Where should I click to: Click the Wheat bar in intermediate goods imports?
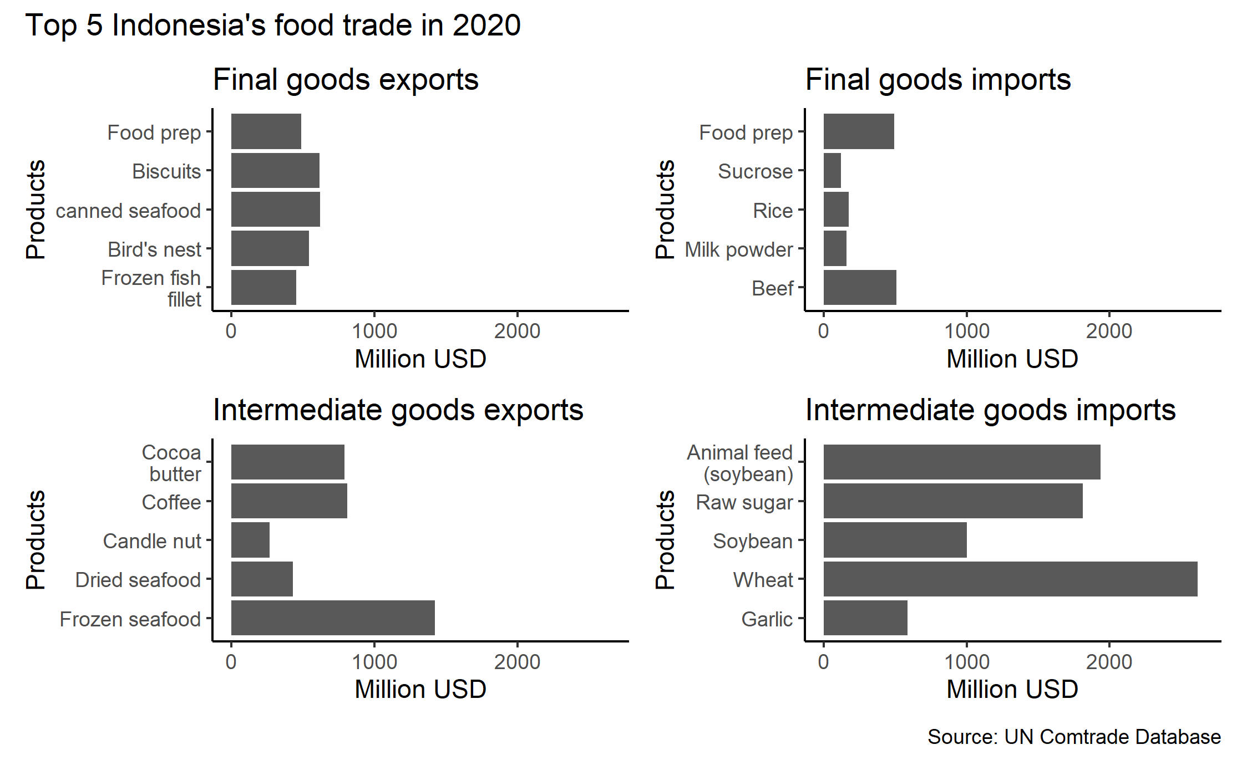pyautogui.click(x=1010, y=579)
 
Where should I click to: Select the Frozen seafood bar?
pyautogui.click(x=333, y=618)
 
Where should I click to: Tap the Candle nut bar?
pyautogui.click(x=250, y=540)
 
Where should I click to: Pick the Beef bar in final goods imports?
pyautogui.click(x=859, y=287)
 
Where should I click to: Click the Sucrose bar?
pyautogui.click(x=832, y=171)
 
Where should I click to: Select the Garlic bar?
pyautogui.click(x=865, y=618)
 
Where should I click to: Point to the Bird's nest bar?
pyautogui.click(x=270, y=248)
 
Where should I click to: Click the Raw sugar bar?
pyautogui.click(x=952, y=501)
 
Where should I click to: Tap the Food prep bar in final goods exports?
pyautogui.click(x=266, y=131)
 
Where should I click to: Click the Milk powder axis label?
pyautogui.click(x=738, y=249)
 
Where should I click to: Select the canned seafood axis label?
pyautogui.click(x=128, y=211)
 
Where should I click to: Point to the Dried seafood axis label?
pyautogui.click(x=138, y=580)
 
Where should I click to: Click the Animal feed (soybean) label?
pyautogui.click(x=740, y=463)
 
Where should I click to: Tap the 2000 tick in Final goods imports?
pyautogui.click(x=1108, y=331)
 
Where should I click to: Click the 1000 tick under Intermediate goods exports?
pyautogui.click(x=374, y=662)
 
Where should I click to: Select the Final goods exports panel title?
pyautogui.click(x=346, y=80)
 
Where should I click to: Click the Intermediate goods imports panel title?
pyautogui.click(x=990, y=410)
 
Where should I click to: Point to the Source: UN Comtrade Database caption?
pyautogui.click(x=1074, y=737)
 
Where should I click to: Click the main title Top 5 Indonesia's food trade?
pyautogui.click(x=273, y=25)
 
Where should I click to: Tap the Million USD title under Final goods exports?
pyautogui.click(x=420, y=359)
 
